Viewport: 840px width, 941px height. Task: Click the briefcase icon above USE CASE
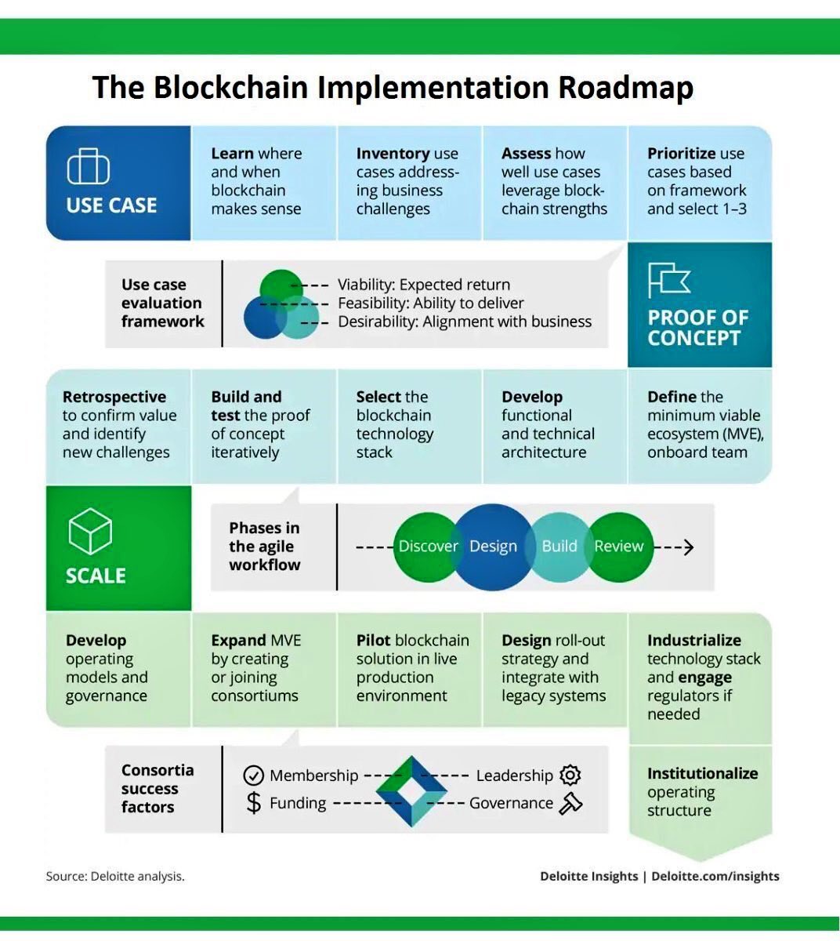click(x=88, y=167)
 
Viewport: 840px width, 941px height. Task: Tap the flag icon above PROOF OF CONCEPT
click(x=668, y=280)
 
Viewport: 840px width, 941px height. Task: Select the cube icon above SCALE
click(x=90, y=531)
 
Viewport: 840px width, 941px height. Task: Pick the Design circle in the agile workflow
click(x=493, y=547)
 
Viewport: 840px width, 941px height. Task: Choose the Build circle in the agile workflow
click(x=559, y=547)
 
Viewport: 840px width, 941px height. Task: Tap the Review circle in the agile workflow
click(x=619, y=547)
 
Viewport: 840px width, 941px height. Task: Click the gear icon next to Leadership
click(x=570, y=776)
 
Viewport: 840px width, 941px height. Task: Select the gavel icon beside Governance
click(x=570, y=803)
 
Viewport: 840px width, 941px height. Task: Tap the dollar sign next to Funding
click(x=253, y=803)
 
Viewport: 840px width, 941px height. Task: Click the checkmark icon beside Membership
click(x=253, y=776)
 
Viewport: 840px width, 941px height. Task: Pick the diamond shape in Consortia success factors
click(x=411, y=790)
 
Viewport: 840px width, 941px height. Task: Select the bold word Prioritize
click(x=680, y=154)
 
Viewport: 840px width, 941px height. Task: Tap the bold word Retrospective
click(x=114, y=397)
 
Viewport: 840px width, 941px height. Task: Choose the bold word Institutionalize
click(x=702, y=773)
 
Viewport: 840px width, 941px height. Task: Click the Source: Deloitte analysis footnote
click(x=115, y=876)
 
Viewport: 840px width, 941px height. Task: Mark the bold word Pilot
click(x=373, y=641)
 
